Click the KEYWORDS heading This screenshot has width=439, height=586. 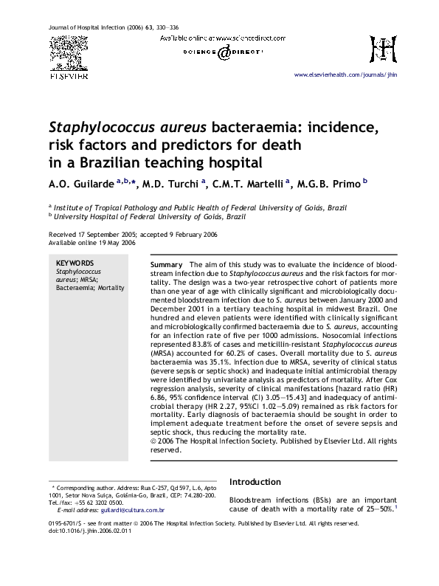(x=75, y=263)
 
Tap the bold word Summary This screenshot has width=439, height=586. (x=166, y=264)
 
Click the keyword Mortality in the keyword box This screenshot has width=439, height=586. (x=111, y=288)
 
